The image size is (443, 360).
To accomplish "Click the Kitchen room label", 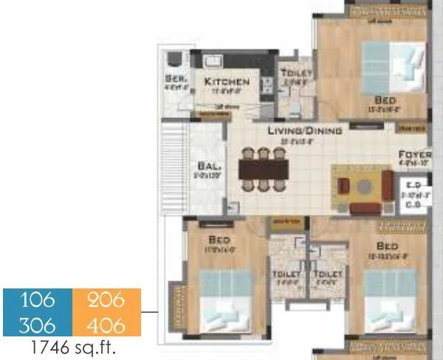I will tap(227, 82).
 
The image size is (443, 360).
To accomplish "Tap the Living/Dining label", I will tap(305, 131).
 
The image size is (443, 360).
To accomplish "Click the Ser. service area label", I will tap(176, 77).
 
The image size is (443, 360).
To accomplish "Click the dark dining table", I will tap(262, 169).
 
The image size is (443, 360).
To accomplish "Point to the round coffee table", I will tap(361, 187).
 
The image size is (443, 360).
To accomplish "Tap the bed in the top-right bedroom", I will tap(388, 62).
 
